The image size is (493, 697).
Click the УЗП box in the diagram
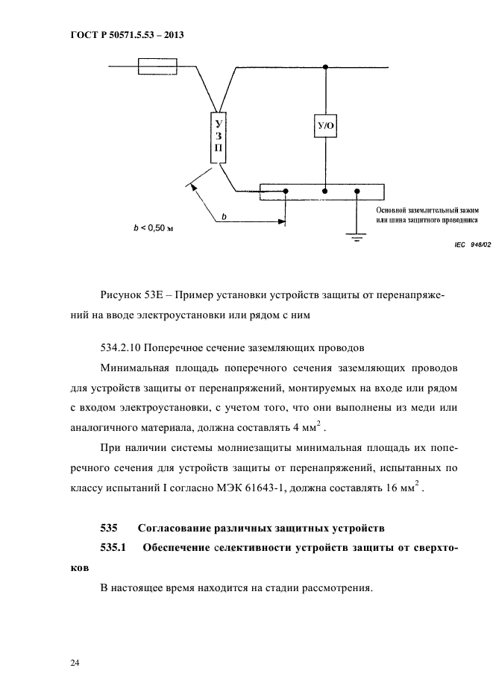pyautogui.click(x=218, y=138)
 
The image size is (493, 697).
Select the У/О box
pyautogui.click(x=326, y=127)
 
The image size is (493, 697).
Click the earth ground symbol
pyautogui.click(x=357, y=236)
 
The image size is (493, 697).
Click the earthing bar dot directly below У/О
pyautogui.click(x=326, y=192)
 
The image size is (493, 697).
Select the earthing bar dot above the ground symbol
pyautogui.click(x=357, y=192)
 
